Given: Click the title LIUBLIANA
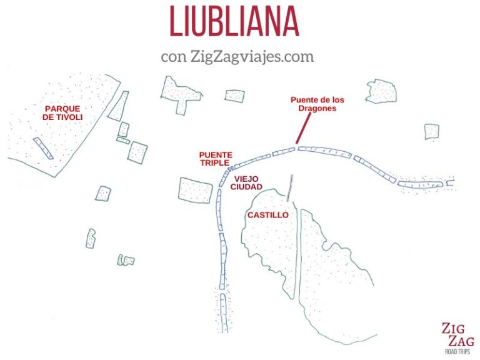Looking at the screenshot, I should coord(234,21).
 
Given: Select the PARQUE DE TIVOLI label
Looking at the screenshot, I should coord(63,112).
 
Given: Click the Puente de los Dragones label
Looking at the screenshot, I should coord(317,104).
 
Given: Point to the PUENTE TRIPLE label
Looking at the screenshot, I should coord(216,159).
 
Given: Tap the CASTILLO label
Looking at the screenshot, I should coord(267,215).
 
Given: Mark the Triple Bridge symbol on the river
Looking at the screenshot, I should coord(231,169).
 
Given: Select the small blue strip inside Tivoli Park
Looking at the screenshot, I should coord(43,147).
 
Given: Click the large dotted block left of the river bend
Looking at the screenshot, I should coord(196,190).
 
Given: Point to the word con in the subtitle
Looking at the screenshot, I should coord(173,56).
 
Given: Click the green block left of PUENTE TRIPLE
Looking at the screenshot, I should coord(137,152).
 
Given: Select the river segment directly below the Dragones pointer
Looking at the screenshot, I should coord(284,151).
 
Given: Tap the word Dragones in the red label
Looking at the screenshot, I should coord(317,108).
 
